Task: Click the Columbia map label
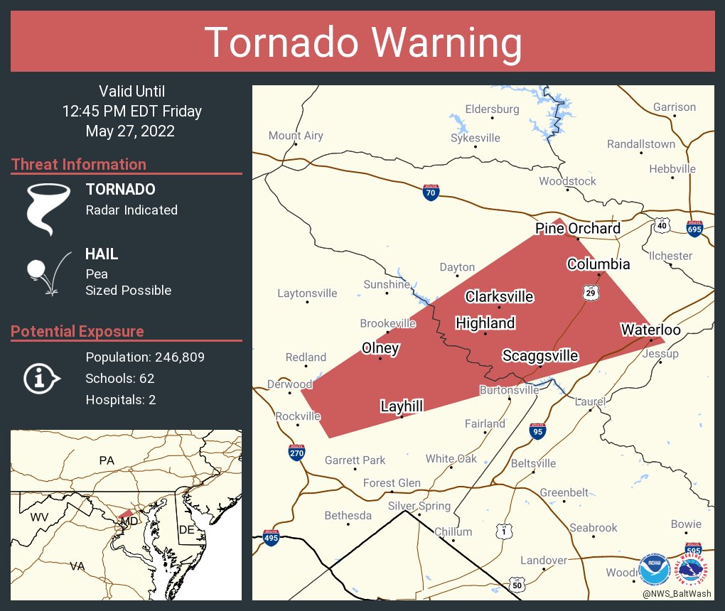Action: (598, 264)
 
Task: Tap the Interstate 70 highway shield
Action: (431, 193)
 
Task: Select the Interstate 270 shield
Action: (297, 452)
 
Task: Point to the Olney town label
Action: (380, 348)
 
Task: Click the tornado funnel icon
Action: (48, 208)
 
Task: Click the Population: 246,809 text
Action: (145, 357)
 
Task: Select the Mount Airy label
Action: (296, 136)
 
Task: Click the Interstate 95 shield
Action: (538, 431)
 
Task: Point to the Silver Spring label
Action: (419, 506)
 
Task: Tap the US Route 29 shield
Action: (590, 293)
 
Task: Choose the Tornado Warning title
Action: (362, 43)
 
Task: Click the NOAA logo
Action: (654, 570)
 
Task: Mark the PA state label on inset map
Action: (107, 460)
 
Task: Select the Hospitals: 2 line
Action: (121, 400)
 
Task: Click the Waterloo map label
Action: (650, 330)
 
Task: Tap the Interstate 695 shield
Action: (694, 229)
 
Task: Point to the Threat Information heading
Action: (79, 164)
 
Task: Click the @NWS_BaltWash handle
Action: (677, 594)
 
